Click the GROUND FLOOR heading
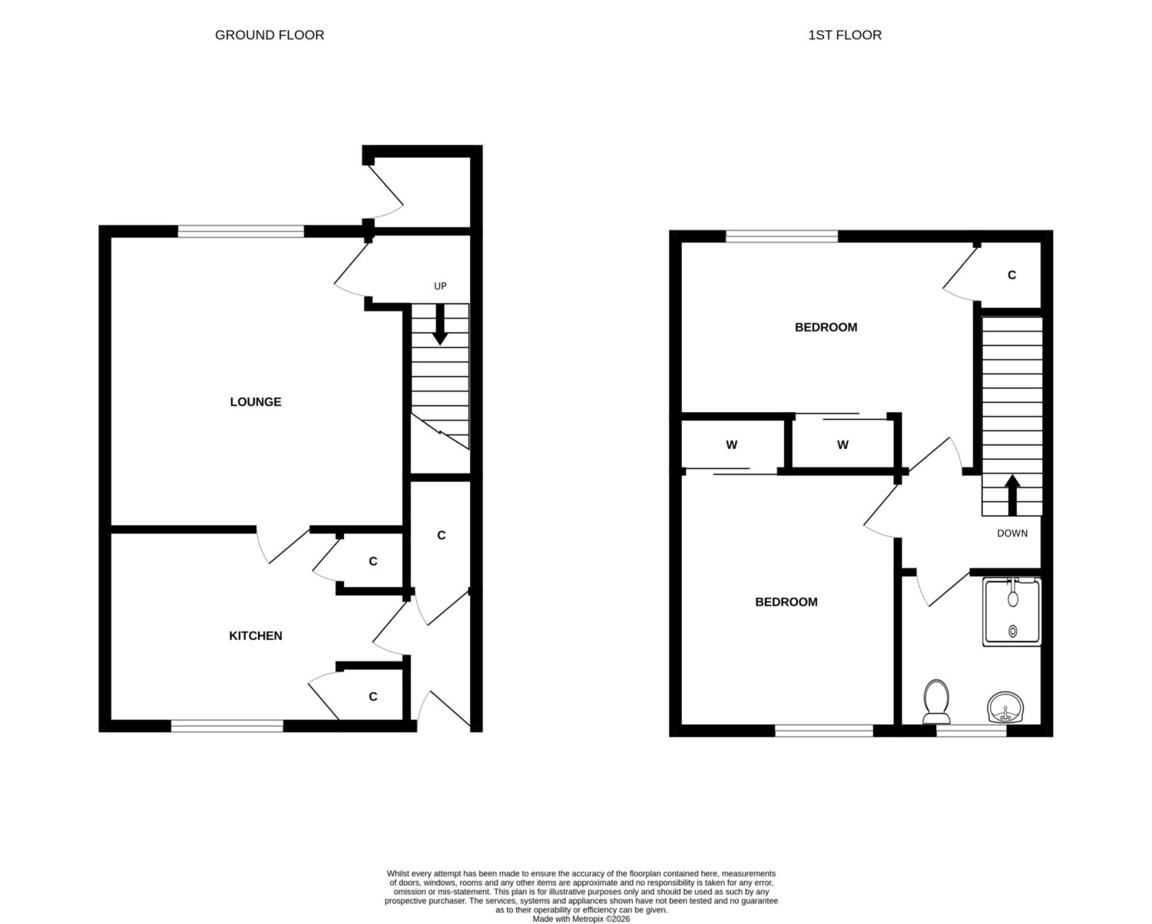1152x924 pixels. [x=270, y=35]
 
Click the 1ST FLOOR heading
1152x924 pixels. [x=845, y=35]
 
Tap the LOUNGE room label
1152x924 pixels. [x=255, y=402]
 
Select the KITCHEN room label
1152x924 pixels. [x=255, y=635]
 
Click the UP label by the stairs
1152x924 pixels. [x=440, y=286]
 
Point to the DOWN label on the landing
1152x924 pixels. [x=1012, y=533]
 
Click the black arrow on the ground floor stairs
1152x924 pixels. [x=440, y=324]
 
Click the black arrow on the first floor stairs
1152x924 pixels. [x=1012, y=495]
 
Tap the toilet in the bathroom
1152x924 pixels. [x=936, y=701]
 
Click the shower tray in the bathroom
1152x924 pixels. [x=1011, y=612]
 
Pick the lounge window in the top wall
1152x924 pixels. [x=241, y=231]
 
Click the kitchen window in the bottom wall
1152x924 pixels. [x=227, y=725]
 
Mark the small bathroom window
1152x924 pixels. [x=971, y=731]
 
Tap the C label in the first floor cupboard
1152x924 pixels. [x=1011, y=275]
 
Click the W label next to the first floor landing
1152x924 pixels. [x=842, y=444]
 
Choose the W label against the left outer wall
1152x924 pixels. [x=732, y=444]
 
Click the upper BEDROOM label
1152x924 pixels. [x=826, y=327]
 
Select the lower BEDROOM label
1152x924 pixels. [x=786, y=602]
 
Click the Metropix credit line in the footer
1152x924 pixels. [x=581, y=919]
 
